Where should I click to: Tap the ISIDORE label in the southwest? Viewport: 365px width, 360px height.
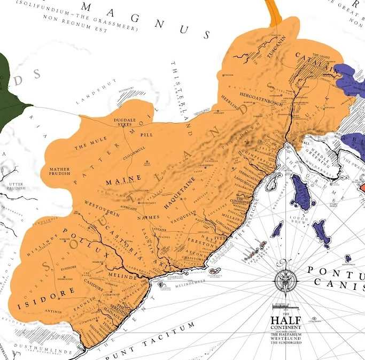(x=38, y=305)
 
